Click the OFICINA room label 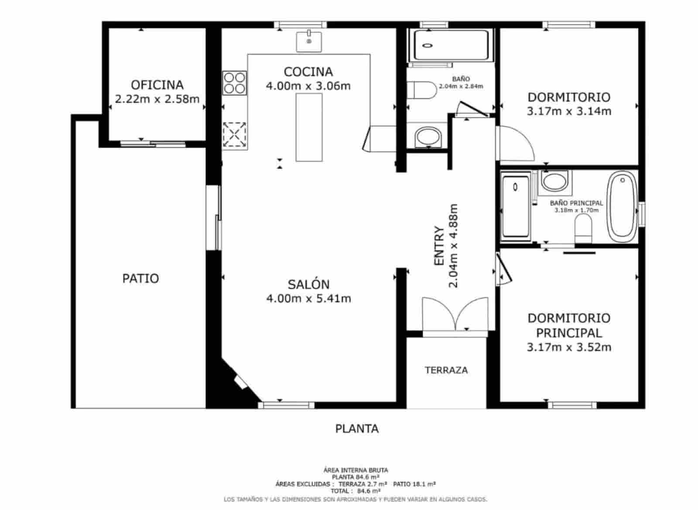coord(157,85)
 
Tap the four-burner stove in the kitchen coord(234,83)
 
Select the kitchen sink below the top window coord(309,41)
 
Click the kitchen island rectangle coord(309,127)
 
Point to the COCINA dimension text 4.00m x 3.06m coord(308,86)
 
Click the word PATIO coord(140,279)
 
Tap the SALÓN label coord(308,285)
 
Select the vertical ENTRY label coord(439,246)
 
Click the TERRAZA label coord(446,370)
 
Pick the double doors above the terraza coord(455,314)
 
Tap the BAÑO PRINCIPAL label coord(576,203)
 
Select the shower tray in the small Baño coord(450,45)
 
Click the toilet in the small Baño coord(421,91)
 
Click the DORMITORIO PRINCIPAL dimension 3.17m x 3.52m coord(569,347)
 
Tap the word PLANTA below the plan coord(357,429)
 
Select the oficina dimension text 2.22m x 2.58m coord(157,99)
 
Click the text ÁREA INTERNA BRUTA coord(356,470)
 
